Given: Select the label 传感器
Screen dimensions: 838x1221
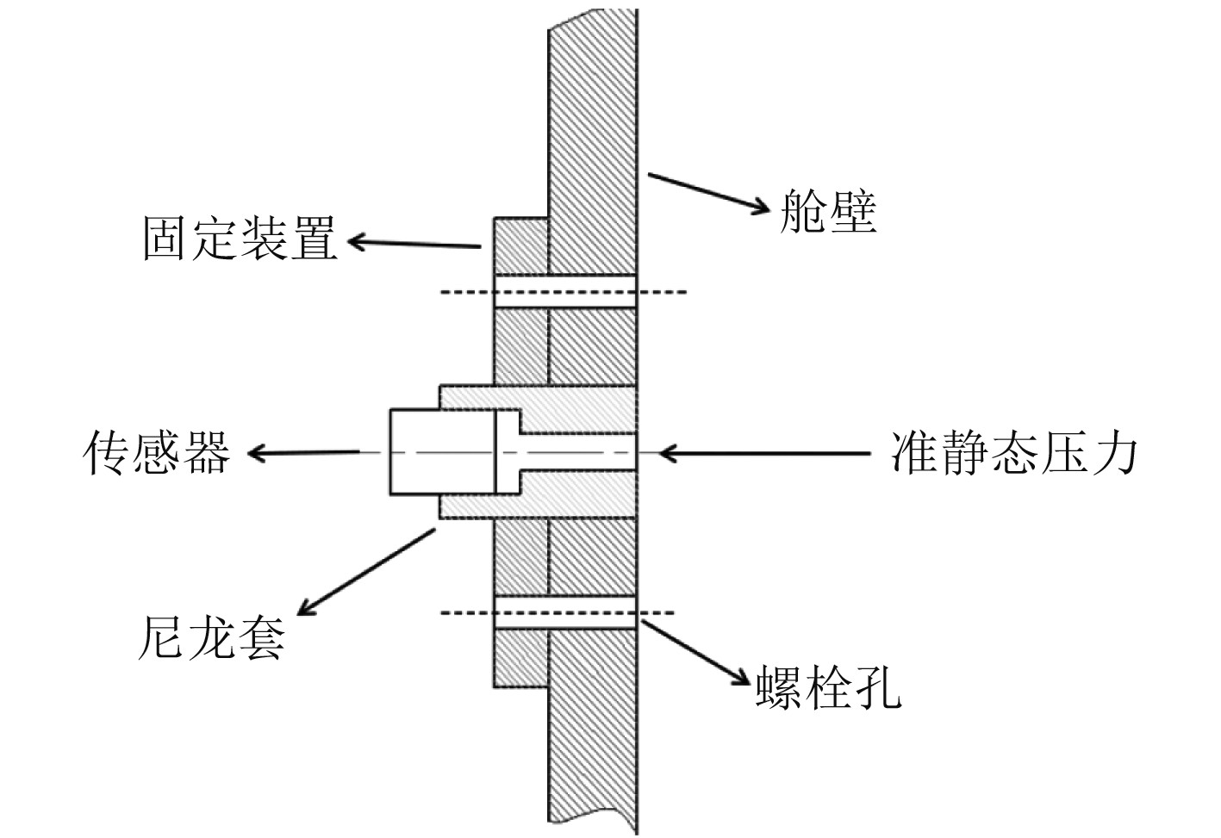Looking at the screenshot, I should point(157,452).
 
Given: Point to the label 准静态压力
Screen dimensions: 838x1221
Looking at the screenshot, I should point(1013,451).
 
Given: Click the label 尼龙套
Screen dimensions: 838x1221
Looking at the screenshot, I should point(211,637).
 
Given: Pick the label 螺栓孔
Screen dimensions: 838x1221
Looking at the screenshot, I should point(828,686).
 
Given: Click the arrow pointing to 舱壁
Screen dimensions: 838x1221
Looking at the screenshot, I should point(707,190).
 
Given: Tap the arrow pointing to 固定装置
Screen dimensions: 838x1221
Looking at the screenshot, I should point(414,244).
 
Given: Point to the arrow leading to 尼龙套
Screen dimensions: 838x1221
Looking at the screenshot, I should point(366,572).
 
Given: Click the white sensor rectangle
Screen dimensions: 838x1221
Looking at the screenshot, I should point(442,451).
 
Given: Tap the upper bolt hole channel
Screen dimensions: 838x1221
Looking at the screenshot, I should point(565,291).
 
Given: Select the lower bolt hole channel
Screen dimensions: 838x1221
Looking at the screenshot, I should point(565,612).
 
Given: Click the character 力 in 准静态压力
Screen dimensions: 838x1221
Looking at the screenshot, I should point(1113,451).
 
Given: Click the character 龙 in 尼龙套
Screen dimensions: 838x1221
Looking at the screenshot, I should point(211,637).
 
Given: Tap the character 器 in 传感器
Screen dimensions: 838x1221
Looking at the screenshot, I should point(207,452).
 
